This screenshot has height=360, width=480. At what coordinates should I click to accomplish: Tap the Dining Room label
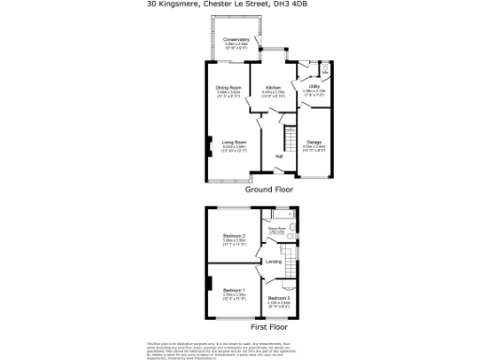tap(229, 89)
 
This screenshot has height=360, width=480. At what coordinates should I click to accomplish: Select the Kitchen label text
tap(273, 90)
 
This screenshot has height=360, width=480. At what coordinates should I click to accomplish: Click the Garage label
tap(313, 142)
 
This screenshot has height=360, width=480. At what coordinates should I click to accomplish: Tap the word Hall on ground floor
tap(279, 156)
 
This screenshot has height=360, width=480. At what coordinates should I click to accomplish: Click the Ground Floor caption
tap(270, 189)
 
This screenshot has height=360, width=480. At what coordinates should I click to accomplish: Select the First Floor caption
tap(270, 327)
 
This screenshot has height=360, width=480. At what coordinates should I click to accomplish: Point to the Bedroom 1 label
tap(233, 291)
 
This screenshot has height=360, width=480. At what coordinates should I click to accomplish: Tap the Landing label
tap(274, 262)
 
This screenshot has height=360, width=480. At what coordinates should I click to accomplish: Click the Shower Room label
tap(277, 227)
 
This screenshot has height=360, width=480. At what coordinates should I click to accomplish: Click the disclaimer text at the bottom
tap(240, 349)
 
